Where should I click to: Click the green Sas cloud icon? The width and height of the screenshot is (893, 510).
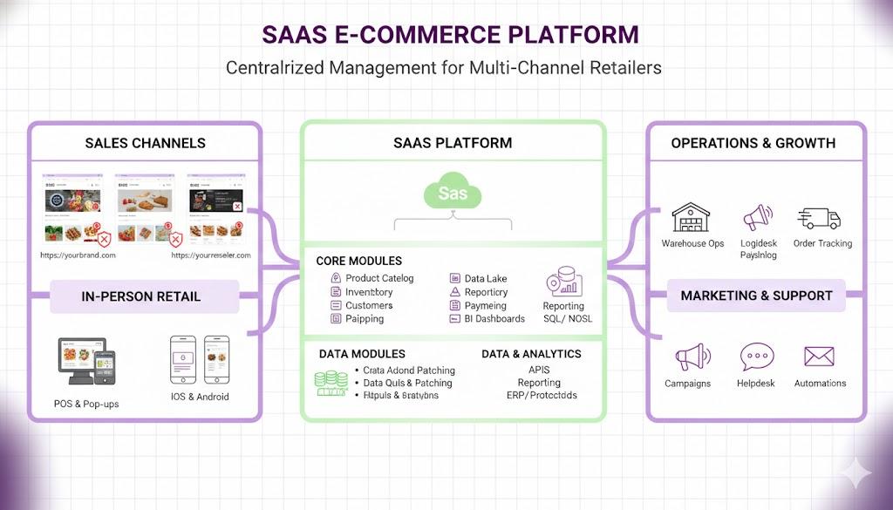[453, 193]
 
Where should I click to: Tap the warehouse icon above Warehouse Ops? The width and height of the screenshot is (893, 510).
[692, 218]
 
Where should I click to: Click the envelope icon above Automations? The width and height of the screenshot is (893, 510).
[820, 357]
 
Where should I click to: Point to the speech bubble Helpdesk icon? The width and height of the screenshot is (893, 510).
[756, 357]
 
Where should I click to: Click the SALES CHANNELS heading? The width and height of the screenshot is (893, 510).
[145, 143]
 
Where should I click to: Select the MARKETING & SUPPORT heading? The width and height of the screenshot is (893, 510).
[756, 296]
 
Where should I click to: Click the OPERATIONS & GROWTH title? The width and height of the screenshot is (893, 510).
[753, 143]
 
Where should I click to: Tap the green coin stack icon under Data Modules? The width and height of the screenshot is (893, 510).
[331, 383]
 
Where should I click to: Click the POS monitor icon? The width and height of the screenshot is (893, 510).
[79, 361]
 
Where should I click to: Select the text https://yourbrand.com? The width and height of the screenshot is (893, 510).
[78, 255]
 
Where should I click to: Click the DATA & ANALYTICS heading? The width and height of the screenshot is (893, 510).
[531, 354]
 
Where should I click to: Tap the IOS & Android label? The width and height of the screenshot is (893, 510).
[200, 397]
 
